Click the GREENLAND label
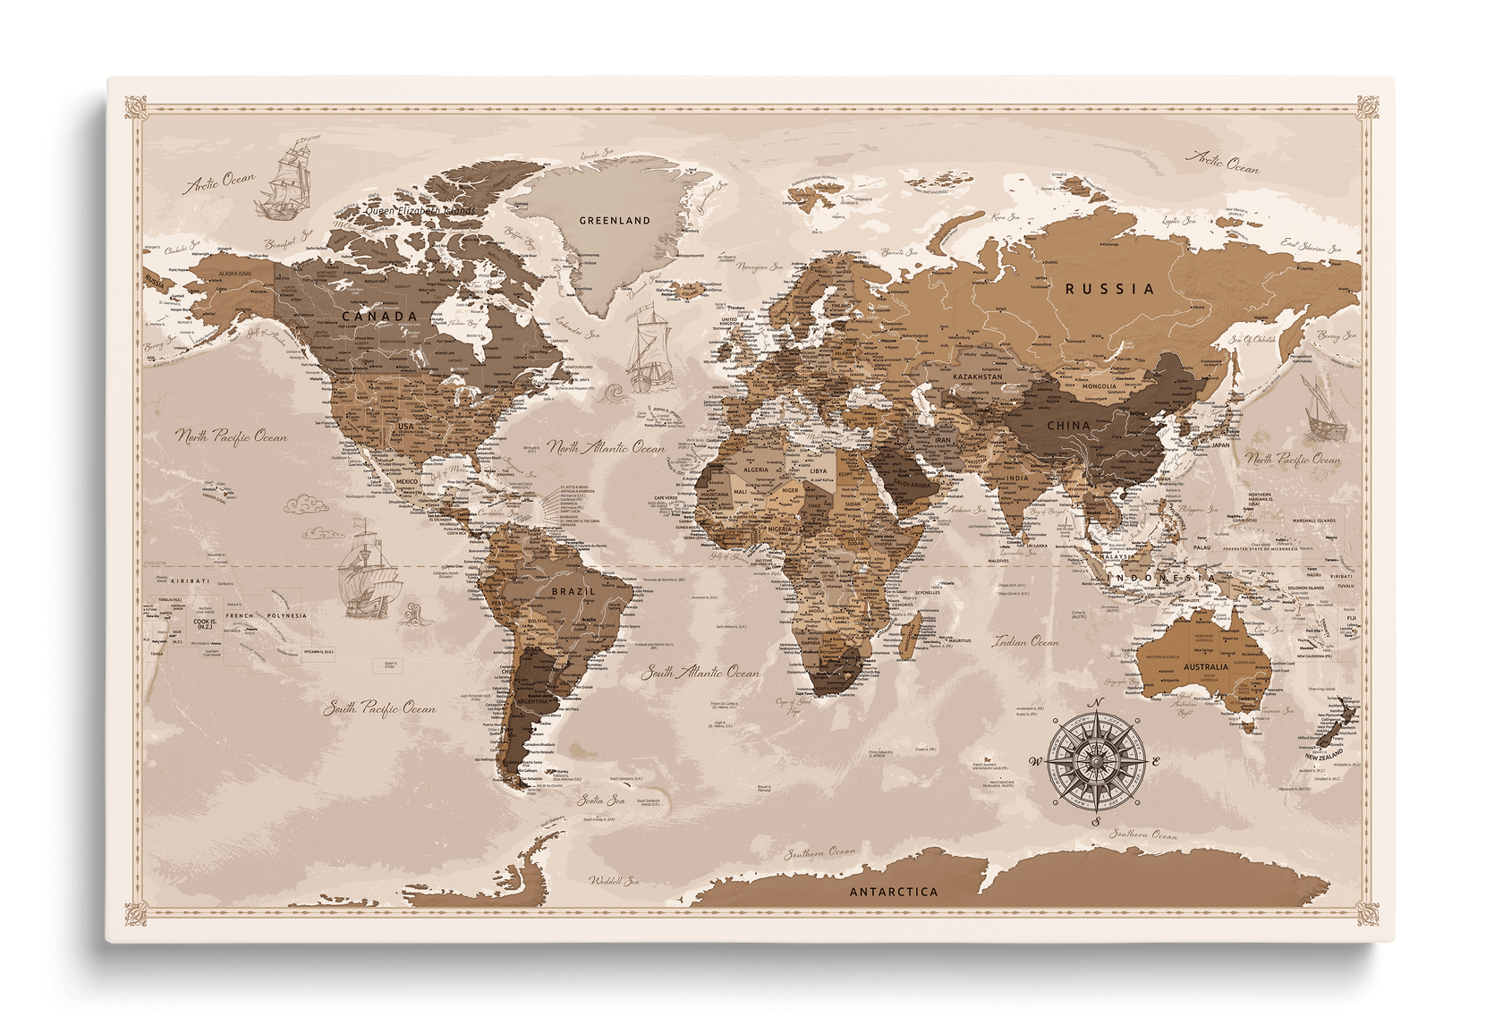(615, 220)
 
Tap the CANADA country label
(380, 316)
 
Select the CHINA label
(1068, 426)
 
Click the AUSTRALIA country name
(1205, 667)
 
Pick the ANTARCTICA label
(894, 892)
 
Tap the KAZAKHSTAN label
(979, 378)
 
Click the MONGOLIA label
(1100, 386)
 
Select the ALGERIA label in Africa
(756, 470)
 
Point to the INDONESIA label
(1162, 579)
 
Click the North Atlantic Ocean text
(607, 447)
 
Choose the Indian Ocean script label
(1025, 641)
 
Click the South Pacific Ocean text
(379, 708)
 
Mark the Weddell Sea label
(614, 881)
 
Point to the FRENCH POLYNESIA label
(266, 616)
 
